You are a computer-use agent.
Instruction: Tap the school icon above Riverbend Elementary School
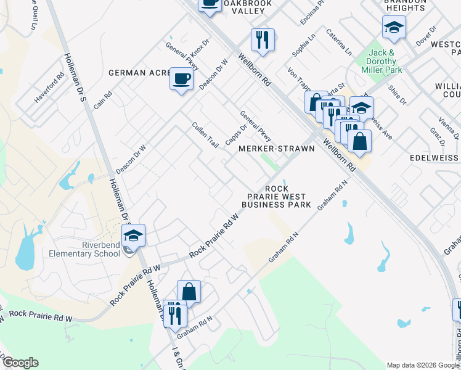pyautogui.click(x=133, y=234)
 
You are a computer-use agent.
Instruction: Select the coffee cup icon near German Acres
pyautogui.click(x=181, y=79)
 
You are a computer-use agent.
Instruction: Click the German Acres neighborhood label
pyautogui.click(x=139, y=73)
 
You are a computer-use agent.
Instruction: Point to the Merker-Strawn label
pyautogui.click(x=276, y=149)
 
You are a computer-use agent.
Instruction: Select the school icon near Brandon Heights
pyautogui.click(x=394, y=27)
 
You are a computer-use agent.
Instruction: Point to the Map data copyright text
pyautogui.click(x=423, y=364)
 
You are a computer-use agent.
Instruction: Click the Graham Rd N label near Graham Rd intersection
pyautogui.click(x=283, y=247)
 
